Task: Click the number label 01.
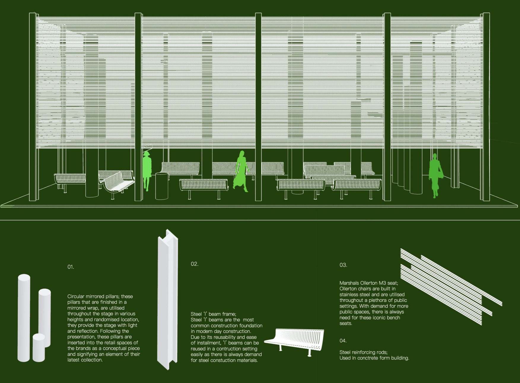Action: pos(71,267)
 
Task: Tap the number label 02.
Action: pos(194,264)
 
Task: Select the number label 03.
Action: pos(343,265)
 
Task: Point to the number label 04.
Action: pos(343,341)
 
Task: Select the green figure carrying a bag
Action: pos(435,175)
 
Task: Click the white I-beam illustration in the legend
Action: pos(168,300)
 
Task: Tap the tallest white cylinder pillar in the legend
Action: pos(24,317)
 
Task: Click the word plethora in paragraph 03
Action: pos(379,300)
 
